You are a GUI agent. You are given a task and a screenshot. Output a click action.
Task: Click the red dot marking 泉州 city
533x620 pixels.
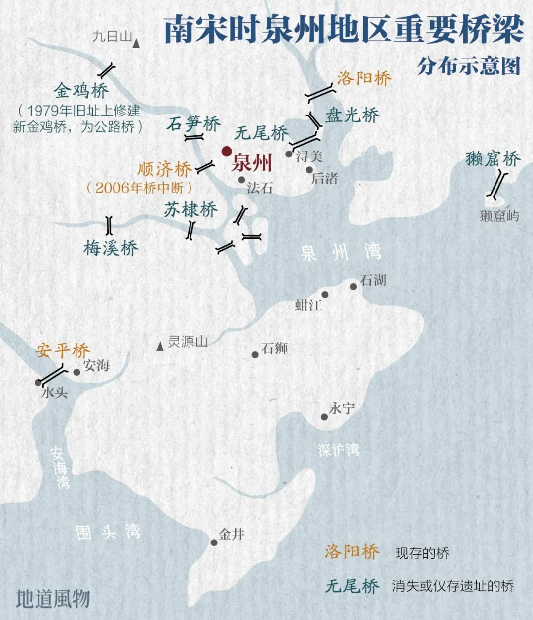click(x=227, y=152)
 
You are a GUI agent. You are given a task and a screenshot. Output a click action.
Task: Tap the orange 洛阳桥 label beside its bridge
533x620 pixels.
click(x=364, y=78)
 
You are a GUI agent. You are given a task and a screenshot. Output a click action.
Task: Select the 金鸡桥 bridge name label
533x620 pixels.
click(x=81, y=91)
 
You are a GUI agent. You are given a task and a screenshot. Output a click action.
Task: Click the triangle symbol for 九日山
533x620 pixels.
click(x=136, y=45)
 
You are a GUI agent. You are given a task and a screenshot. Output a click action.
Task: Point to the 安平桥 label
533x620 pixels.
click(x=62, y=351)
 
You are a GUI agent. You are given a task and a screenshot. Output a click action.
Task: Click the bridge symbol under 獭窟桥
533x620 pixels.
click(x=497, y=185)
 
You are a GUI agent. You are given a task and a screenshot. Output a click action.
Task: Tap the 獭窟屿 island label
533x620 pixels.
click(x=499, y=216)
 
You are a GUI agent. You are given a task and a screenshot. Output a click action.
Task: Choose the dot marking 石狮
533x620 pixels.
click(x=255, y=355)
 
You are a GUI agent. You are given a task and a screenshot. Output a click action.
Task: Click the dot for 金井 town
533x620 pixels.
click(x=214, y=542)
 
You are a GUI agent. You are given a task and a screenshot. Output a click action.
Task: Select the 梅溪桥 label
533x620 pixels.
click(x=111, y=248)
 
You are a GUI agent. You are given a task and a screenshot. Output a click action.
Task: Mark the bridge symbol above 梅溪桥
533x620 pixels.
click(x=109, y=225)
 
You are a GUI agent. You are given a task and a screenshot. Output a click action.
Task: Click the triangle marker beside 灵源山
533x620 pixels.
click(x=160, y=347)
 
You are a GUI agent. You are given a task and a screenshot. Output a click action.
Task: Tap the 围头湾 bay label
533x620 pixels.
click(x=108, y=532)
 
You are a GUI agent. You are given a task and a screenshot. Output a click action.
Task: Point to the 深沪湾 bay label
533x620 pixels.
click(x=338, y=450)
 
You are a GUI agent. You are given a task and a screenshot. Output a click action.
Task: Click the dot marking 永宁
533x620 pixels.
click(x=324, y=417)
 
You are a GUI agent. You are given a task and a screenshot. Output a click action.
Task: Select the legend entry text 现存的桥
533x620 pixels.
click(x=422, y=553)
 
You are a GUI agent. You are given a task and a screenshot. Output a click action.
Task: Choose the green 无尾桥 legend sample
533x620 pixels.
click(x=351, y=586)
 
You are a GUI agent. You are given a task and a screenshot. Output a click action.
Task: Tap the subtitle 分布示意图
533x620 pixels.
click(x=468, y=66)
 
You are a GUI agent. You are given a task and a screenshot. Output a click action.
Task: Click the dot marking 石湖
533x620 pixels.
click(x=353, y=287)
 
